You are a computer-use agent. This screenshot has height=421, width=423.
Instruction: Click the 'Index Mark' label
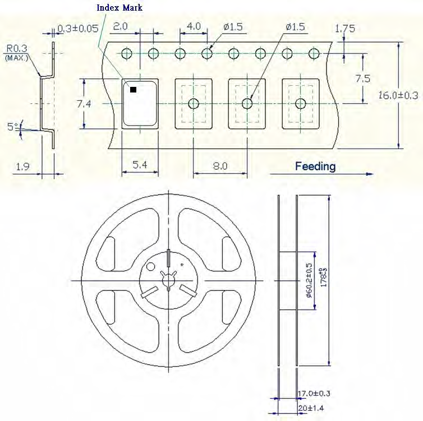click(x=119, y=8)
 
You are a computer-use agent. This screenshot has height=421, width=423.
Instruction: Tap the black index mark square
click(x=133, y=89)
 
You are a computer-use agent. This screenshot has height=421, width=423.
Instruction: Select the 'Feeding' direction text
click(x=315, y=166)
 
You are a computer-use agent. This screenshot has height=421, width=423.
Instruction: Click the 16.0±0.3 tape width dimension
click(x=398, y=95)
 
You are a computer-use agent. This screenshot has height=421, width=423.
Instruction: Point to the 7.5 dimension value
click(x=362, y=78)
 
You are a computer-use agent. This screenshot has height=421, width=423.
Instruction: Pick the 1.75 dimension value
click(x=344, y=29)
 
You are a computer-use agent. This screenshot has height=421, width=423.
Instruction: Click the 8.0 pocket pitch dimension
click(x=220, y=166)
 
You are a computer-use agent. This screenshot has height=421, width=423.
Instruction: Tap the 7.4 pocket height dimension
click(x=70, y=103)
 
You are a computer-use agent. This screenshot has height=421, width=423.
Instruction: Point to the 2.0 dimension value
click(x=121, y=27)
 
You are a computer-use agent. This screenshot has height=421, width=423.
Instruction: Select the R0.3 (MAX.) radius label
click(x=17, y=51)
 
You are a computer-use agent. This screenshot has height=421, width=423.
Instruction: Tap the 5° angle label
click(x=12, y=127)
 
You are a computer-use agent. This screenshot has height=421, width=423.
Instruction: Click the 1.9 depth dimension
click(x=22, y=166)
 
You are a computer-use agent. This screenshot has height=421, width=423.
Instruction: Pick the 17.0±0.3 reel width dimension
click(x=315, y=394)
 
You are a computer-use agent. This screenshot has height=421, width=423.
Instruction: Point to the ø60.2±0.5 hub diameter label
click(x=309, y=280)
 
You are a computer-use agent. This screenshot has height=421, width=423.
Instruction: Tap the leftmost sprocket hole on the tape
click(x=127, y=53)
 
